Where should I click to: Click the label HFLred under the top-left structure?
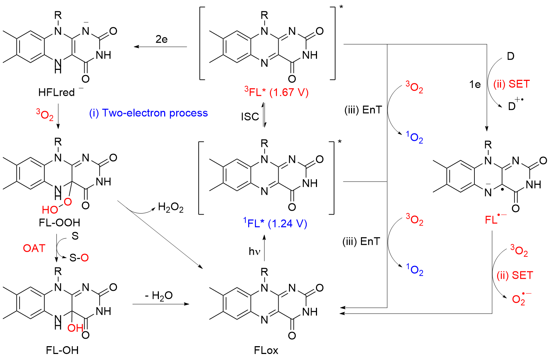pos(57,93)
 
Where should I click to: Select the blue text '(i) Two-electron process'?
pos(149,113)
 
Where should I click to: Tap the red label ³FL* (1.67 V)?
pos(276,93)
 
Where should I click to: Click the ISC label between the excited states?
pos(250,116)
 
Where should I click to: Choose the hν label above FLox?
pos(254,251)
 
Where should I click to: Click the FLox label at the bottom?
pos(266,350)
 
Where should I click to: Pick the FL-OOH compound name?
pos(60,222)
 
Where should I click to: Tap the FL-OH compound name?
pos(62,350)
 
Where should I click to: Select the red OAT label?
pos(34,248)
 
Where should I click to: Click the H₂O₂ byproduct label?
pos(171,208)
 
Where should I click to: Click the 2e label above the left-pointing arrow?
pos(161,39)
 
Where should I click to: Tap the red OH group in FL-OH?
pos(75,328)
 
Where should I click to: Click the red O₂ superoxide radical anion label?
pos(521,299)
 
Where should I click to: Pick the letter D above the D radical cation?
pos(511,56)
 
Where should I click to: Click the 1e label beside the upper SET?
pos(475,84)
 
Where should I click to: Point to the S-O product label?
pos(79,258)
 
